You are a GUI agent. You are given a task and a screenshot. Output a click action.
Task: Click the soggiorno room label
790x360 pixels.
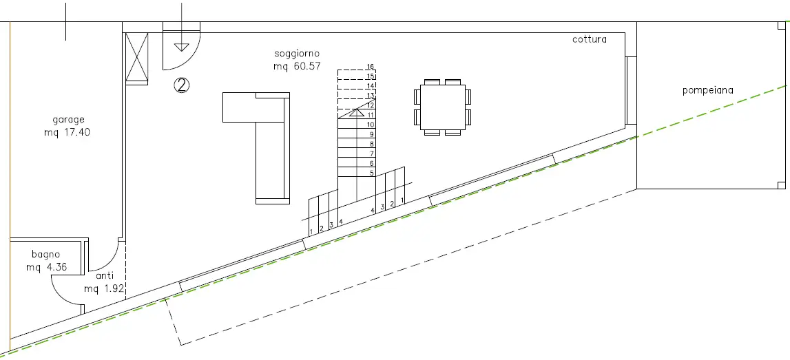(x=297, y=54)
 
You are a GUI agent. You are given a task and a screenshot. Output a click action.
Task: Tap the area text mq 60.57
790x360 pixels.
(x=297, y=66)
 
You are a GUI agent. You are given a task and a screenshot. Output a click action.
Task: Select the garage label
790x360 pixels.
(x=68, y=119)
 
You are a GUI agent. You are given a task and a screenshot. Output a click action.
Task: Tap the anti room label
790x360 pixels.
(x=104, y=277)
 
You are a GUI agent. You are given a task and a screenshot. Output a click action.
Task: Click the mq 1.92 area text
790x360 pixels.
(x=104, y=289)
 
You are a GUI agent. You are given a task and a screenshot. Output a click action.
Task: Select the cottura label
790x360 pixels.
(x=590, y=39)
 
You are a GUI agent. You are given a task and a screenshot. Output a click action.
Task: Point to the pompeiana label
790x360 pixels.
(x=707, y=90)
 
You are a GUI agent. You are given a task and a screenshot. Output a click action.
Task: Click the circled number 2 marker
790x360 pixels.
(x=181, y=85)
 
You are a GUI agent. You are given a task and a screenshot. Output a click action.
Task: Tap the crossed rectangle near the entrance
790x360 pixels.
(x=136, y=59)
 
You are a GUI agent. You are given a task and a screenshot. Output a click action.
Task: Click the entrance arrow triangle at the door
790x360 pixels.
(x=181, y=47)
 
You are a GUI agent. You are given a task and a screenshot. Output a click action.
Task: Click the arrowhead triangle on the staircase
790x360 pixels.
(x=356, y=112)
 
